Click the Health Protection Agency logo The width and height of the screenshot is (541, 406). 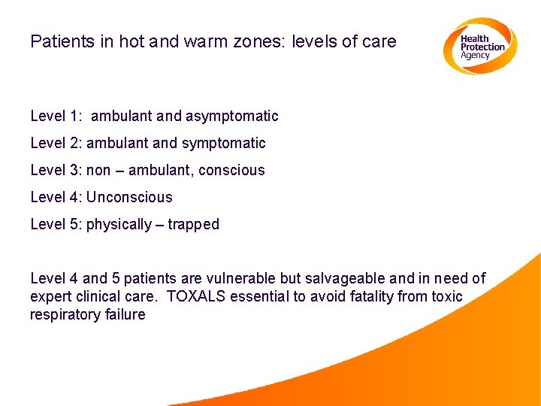coord(479,46)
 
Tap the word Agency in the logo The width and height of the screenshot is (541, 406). coord(476,56)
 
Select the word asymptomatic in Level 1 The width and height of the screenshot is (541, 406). coord(232,117)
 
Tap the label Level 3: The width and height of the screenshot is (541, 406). coord(56,171)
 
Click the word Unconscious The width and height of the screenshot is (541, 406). coord(129,198)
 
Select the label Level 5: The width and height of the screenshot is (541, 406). coord(56,225)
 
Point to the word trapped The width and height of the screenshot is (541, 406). coord(194,225)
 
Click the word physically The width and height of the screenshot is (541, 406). coord(119,225)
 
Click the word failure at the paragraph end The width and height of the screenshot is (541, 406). coord(125,315)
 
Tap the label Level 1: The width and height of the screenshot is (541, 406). coord(56,117)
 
